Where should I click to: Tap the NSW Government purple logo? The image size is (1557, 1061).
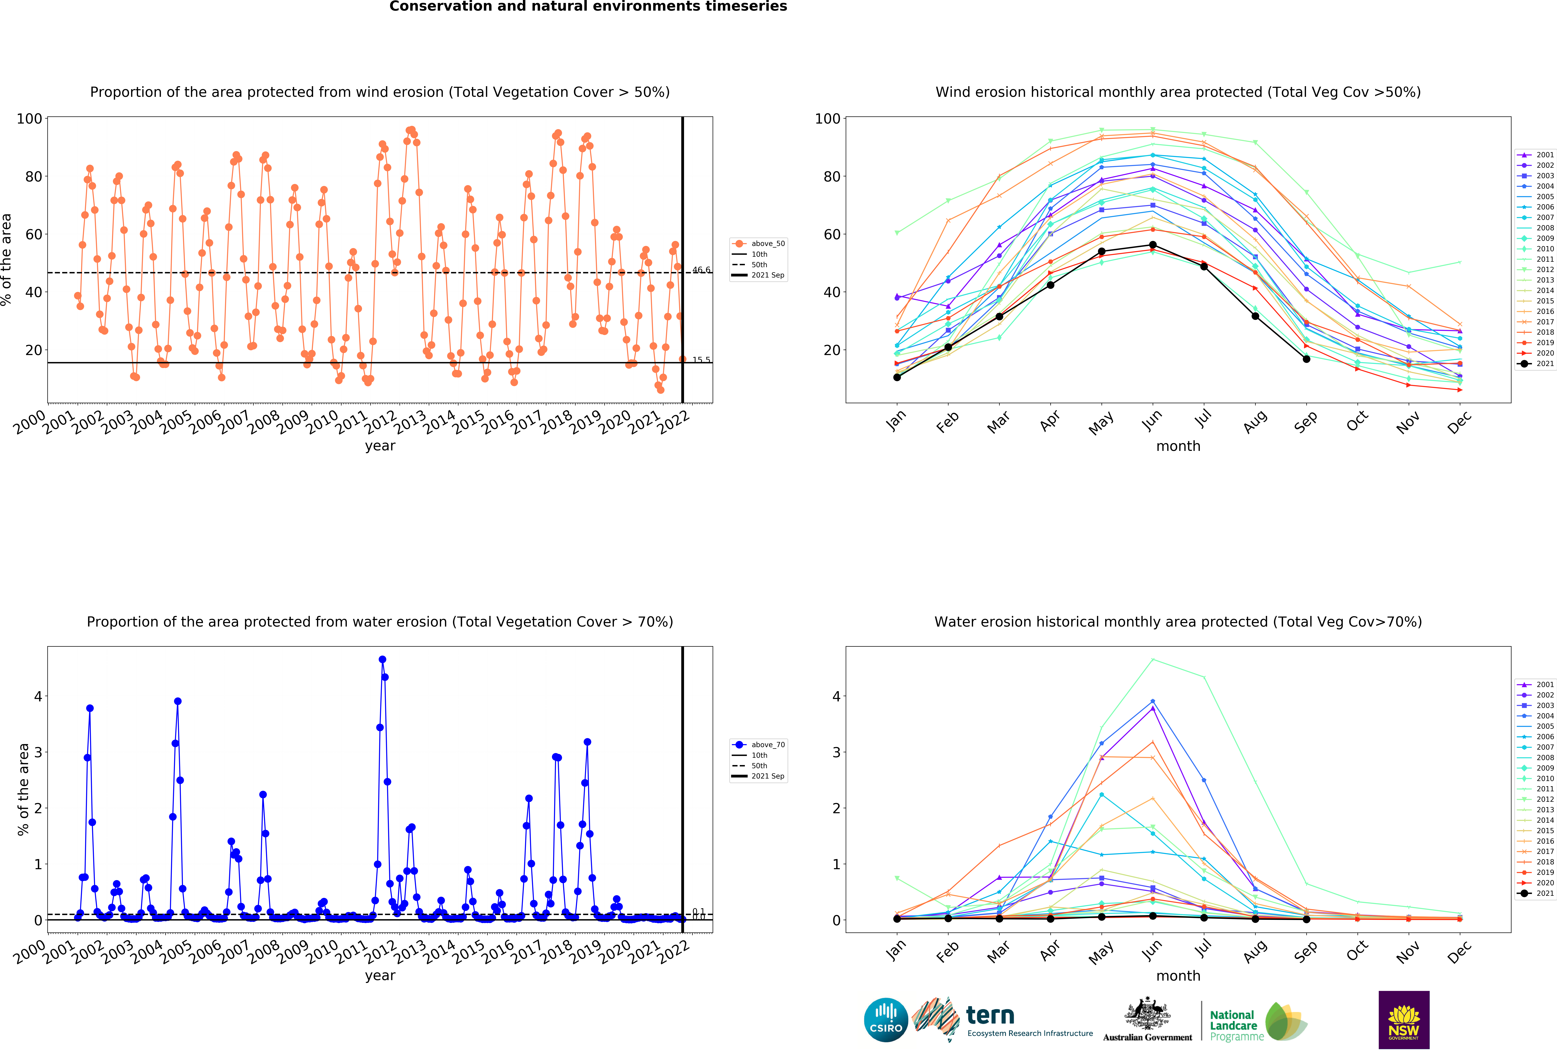[x=1404, y=1019]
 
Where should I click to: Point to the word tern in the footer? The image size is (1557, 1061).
[x=990, y=1015]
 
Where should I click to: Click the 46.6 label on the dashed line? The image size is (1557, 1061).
[x=701, y=270]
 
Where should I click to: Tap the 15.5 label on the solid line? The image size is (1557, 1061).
[x=701, y=360]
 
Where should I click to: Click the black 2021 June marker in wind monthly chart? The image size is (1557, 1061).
[x=1152, y=245]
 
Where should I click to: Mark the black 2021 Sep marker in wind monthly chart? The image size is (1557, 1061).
[x=1306, y=359]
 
